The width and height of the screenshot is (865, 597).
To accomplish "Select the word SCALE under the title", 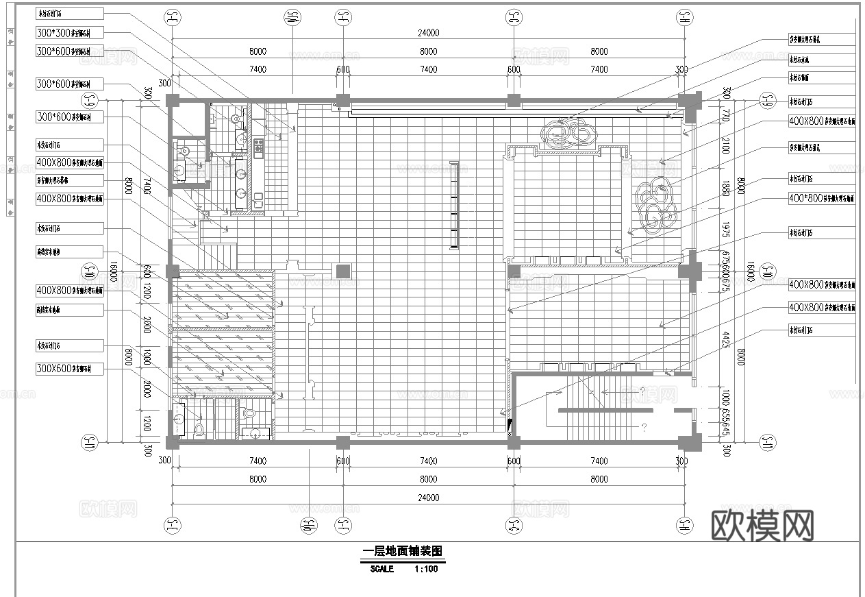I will pos(381,569).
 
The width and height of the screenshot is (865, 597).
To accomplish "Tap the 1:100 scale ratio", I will pos(425,569).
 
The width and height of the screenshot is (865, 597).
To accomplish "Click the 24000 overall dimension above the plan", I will pos(428,33).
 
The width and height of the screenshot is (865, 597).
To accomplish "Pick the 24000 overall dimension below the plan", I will pos(428,498).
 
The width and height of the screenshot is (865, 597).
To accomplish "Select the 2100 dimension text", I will pos(725,145).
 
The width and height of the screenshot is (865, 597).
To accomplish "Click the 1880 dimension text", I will pos(725,189).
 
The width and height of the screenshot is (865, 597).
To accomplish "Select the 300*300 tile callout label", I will pos(69,33).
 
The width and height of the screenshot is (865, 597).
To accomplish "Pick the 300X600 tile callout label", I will pos(69,369).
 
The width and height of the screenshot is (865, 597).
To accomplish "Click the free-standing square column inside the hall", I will pos(342,271).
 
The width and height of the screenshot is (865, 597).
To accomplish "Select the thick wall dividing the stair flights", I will pos(603,410).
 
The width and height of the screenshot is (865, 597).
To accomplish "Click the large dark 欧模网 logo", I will pos(763,526).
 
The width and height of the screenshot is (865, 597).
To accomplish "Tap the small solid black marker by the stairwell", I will pos(509,426).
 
